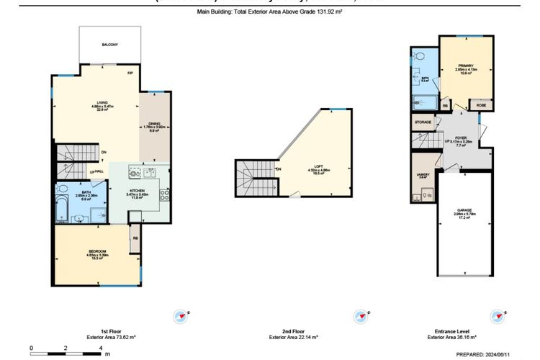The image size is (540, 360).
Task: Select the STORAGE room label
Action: click(x=423, y=123)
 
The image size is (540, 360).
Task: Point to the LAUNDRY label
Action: click(x=422, y=174)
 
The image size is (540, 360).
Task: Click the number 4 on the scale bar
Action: click(x=100, y=347)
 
